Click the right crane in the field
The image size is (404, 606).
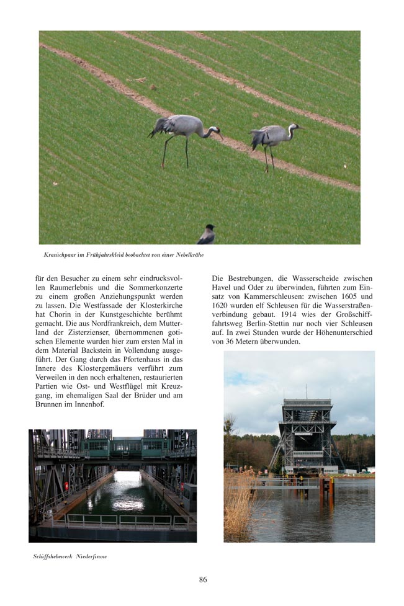[x=272, y=137]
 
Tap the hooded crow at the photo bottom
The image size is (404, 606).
[x=207, y=236]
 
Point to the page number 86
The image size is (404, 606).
[x=203, y=579]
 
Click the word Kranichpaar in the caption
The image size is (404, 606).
[x=61, y=255]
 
